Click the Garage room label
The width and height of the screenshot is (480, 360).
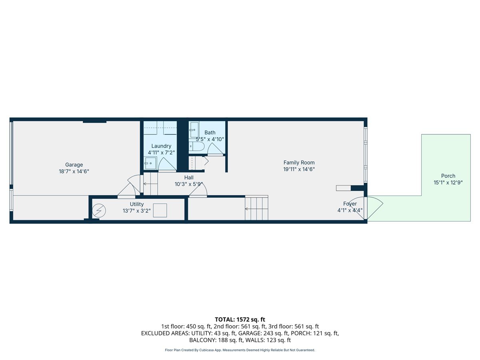(x=74, y=164)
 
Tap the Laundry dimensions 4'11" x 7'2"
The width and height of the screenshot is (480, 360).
(x=161, y=152)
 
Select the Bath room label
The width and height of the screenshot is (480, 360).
(x=210, y=132)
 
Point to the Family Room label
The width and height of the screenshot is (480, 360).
(x=299, y=163)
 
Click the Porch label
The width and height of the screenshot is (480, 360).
(x=448, y=176)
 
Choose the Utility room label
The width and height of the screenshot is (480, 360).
(x=137, y=204)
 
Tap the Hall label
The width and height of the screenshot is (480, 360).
(x=189, y=178)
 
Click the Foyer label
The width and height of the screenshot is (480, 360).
(x=350, y=204)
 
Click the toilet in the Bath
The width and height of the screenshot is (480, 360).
(x=196, y=146)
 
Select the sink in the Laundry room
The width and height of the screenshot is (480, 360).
(x=150, y=163)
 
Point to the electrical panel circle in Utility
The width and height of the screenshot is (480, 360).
(x=99, y=210)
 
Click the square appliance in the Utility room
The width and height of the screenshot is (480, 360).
(x=160, y=210)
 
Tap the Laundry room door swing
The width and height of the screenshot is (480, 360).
(x=167, y=164)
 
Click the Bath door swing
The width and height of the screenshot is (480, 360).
(x=215, y=149)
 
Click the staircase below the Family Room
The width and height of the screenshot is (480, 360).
(x=256, y=208)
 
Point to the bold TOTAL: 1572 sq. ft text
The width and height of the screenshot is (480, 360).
(x=240, y=320)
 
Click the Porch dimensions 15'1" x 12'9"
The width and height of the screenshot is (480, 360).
(x=448, y=182)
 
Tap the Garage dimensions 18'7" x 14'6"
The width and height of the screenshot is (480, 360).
(x=74, y=171)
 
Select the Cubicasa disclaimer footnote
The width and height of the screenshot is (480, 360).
(x=240, y=350)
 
